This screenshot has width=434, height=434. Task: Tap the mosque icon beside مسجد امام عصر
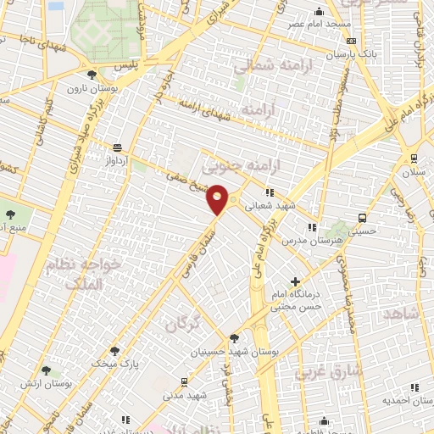tap(319, 12)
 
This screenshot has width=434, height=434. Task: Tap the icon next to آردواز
tap(116, 147)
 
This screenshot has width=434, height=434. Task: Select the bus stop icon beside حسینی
tap(363, 217)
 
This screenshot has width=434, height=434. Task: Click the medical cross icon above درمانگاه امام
tap(295, 281)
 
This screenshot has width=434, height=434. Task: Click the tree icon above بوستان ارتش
tap(46, 370)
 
